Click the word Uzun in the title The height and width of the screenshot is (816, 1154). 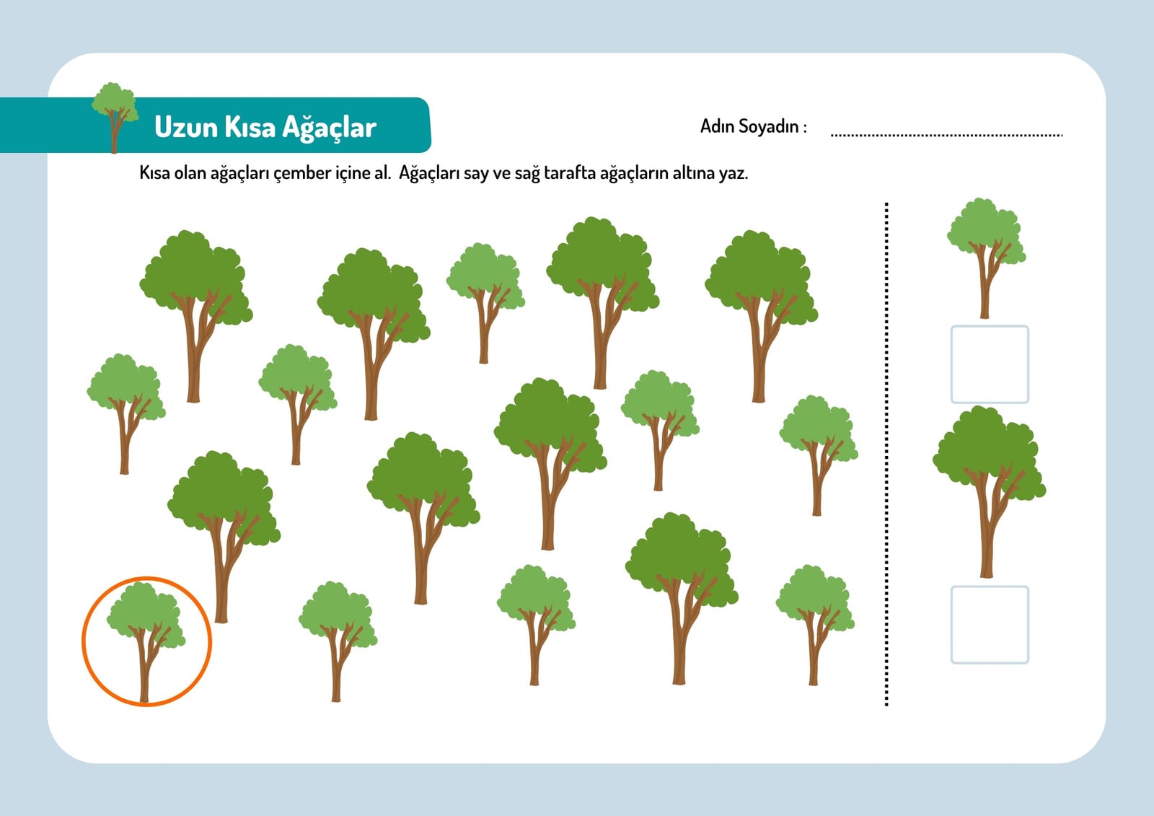coord(186,127)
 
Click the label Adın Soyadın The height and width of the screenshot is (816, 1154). coord(753,126)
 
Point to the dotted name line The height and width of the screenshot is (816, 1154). coord(947,135)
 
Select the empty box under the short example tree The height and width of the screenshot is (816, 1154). coord(990,364)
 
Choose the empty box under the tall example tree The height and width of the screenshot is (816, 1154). coord(990,625)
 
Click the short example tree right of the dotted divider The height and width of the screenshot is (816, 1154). coord(986,258)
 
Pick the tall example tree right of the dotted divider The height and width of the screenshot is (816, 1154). coord(989,492)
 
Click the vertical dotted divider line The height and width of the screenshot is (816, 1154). coord(886,454)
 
